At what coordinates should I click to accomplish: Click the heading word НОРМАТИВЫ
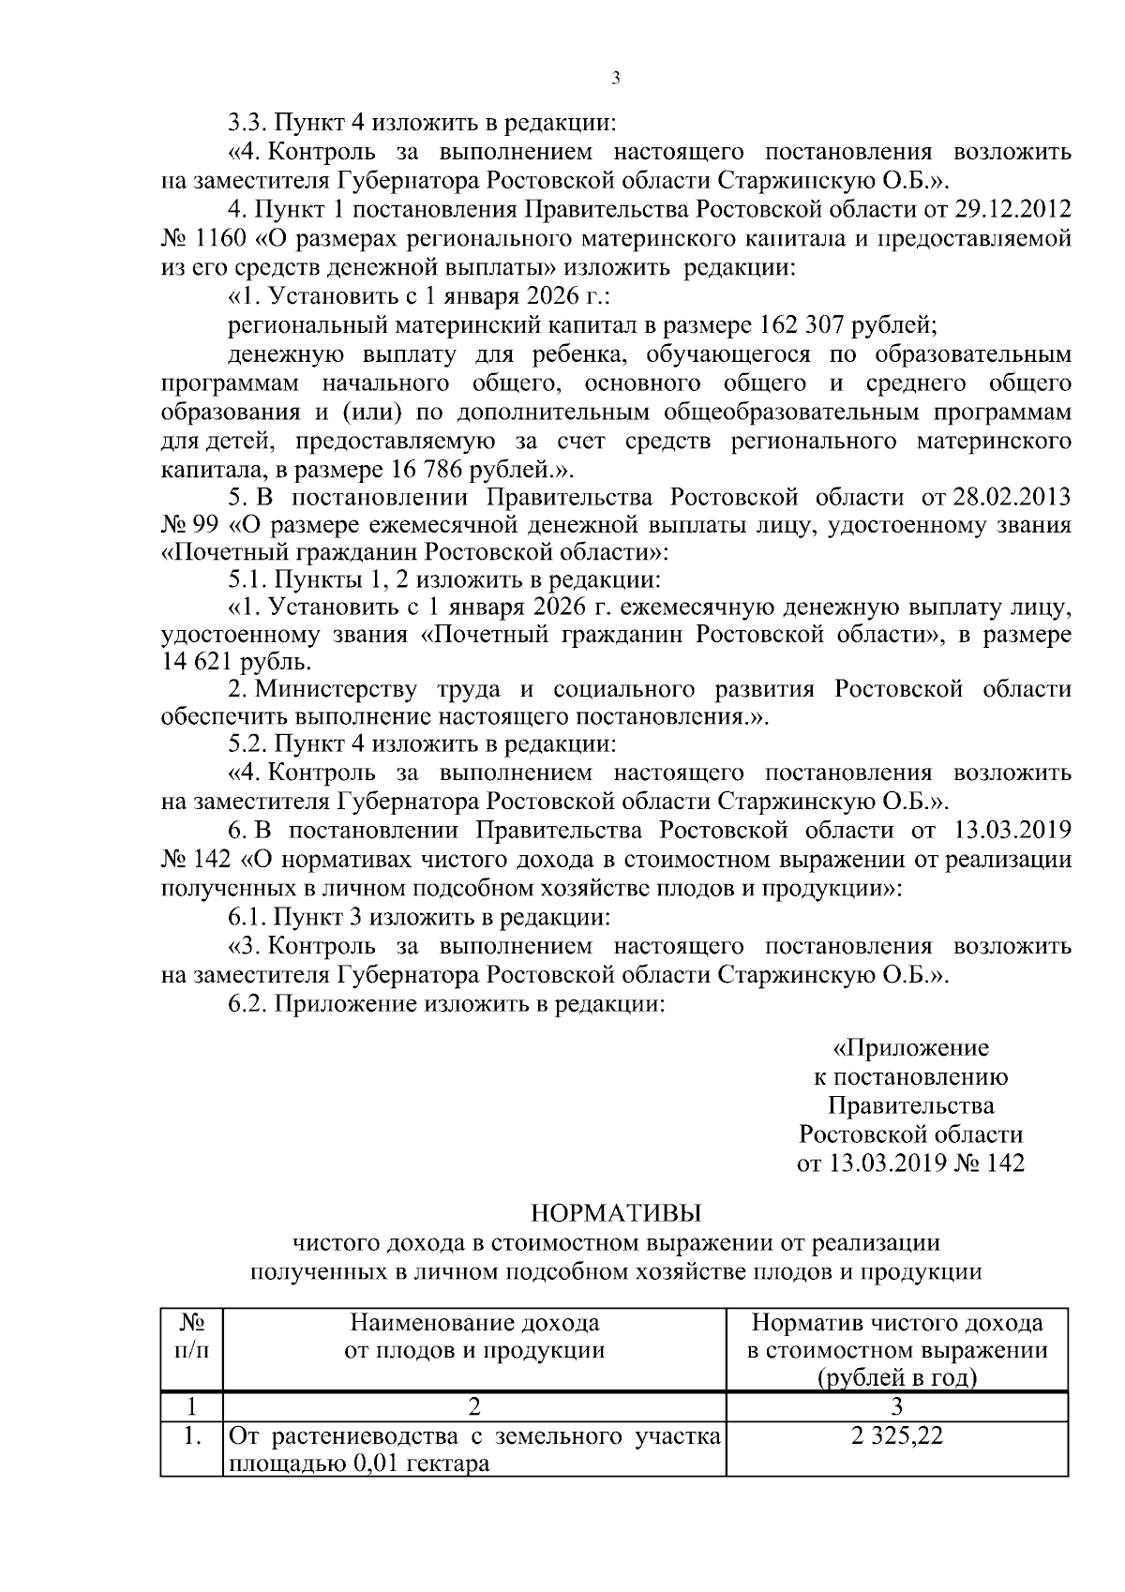tap(616, 1214)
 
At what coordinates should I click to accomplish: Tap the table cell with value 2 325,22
tap(897, 1436)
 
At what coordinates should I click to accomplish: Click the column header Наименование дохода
tap(474, 1323)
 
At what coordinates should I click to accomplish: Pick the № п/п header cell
tap(192, 1337)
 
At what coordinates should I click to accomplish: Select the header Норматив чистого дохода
tap(897, 1323)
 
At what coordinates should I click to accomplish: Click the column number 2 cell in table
tap(474, 1406)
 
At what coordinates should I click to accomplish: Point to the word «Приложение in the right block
tap(910, 1047)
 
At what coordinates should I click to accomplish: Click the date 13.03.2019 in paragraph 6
tap(1014, 830)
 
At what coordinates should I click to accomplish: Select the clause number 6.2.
tap(247, 1004)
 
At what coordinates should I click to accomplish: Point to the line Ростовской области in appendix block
tap(910, 1134)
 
